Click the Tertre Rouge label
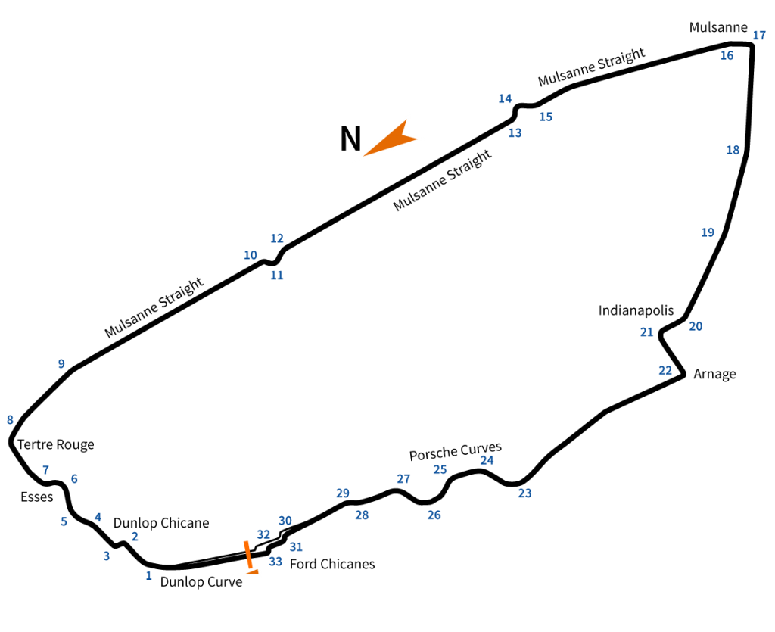(56, 444)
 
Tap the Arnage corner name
(714, 374)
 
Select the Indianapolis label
(636, 310)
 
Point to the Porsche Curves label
(455, 451)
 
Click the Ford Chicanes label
(332, 564)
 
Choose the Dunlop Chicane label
(161, 523)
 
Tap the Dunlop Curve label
(201, 582)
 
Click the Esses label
(36, 497)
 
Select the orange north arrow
(391, 138)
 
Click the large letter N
(350, 139)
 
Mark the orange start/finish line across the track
(248, 555)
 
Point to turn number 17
(759, 35)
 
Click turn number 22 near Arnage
(665, 371)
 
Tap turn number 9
(61, 364)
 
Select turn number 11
(277, 276)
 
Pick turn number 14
(505, 98)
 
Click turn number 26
(434, 515)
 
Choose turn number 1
(148, 576)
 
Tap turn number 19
(708, 232)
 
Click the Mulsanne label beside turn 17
(718, 27)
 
